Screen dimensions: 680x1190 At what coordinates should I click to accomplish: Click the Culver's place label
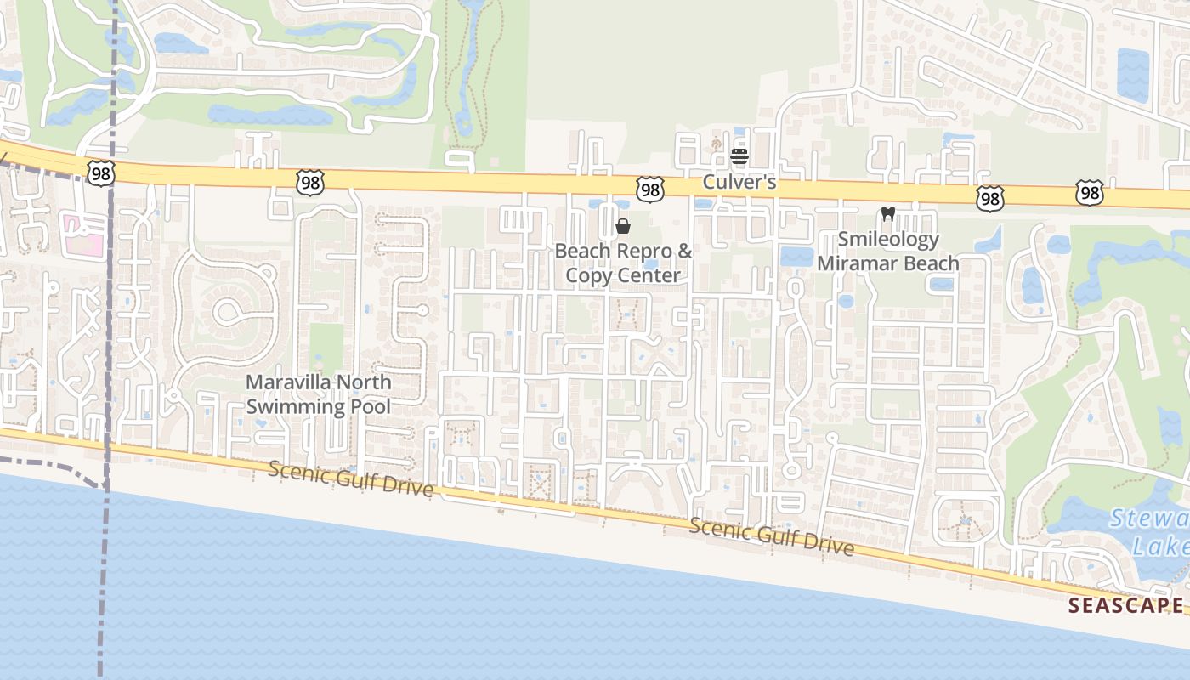point(739,182)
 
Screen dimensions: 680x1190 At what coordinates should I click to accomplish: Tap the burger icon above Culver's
point(739,156)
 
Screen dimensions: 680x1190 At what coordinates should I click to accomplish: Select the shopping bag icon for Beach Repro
point(623,226)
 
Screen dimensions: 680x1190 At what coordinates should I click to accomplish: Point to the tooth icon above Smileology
point(888,214)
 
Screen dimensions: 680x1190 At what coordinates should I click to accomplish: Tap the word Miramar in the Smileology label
point(854,263)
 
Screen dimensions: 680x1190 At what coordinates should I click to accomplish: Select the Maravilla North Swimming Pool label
point(319,394)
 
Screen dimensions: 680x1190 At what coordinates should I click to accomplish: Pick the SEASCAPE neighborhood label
point(1125,605)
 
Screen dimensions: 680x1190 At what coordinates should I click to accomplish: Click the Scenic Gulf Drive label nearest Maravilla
point(351,479)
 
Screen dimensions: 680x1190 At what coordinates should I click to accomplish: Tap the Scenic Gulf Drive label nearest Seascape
point(772,536)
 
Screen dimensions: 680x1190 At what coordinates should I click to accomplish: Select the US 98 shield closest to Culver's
point(650,190)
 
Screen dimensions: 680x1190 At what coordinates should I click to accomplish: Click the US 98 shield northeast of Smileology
point(990,199)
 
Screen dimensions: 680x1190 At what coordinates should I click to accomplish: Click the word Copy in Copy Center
point(586,275)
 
